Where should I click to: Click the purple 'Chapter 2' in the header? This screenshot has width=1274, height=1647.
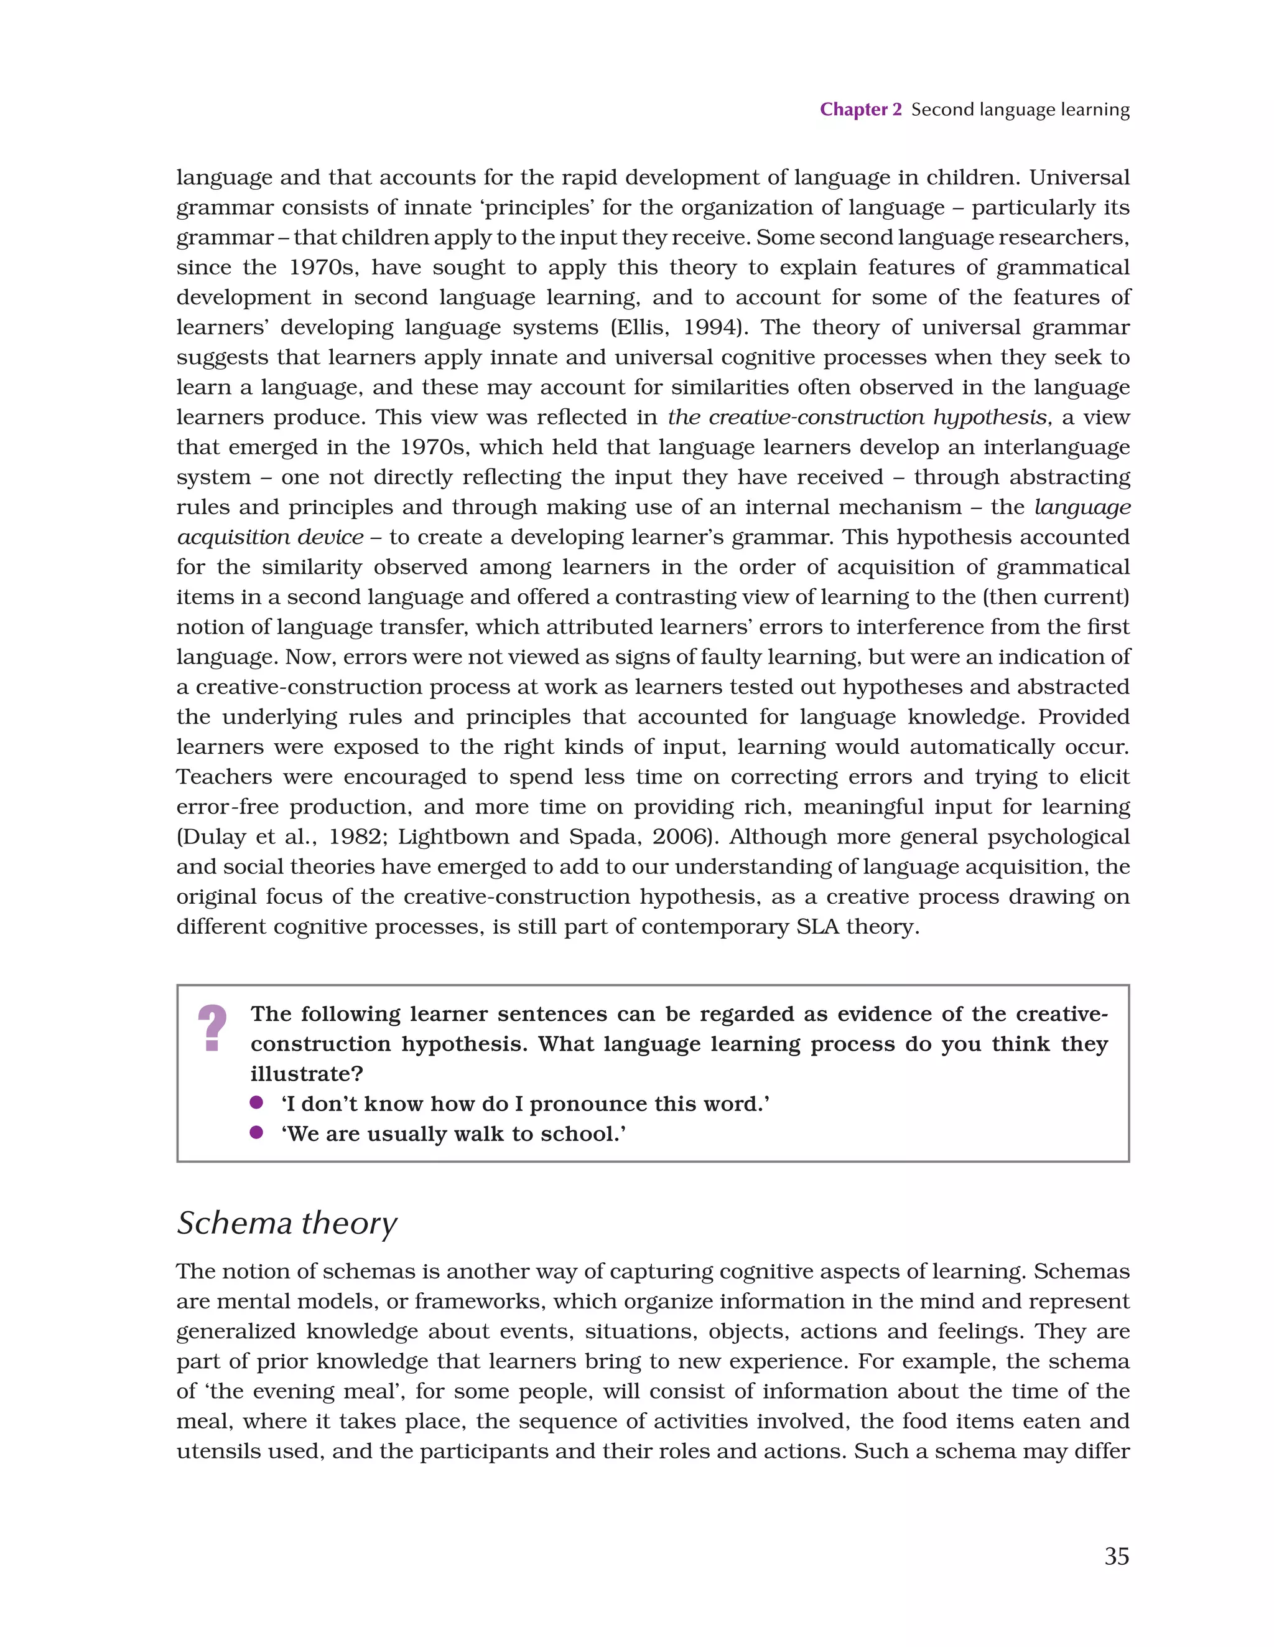[860, 110]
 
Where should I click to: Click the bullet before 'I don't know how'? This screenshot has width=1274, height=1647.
[256, 1102]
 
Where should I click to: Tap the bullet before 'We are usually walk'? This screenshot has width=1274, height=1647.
[256, 1133]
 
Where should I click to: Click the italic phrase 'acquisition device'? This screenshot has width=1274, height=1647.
[270, 538]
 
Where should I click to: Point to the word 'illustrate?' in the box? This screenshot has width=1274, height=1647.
[307, 1074]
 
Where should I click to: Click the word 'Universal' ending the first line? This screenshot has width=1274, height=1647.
[1079, 178]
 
